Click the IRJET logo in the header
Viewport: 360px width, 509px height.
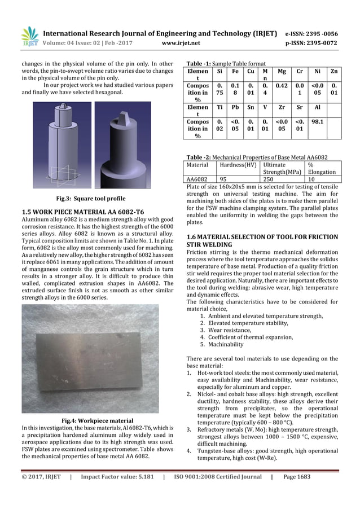pos(29,36)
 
